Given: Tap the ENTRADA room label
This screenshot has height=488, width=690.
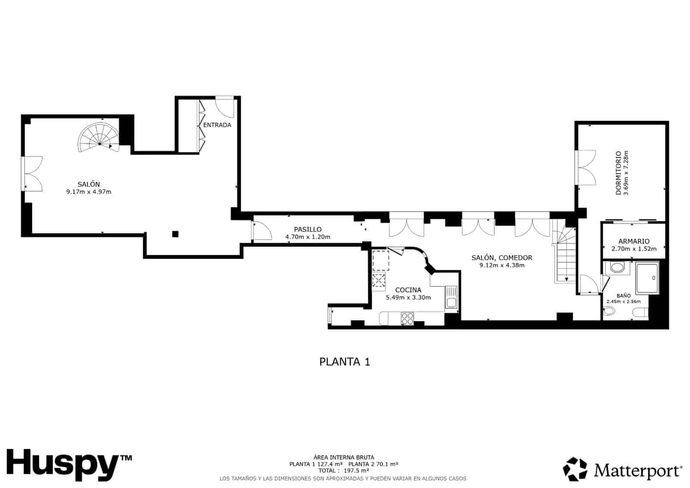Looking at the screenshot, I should point(217,125).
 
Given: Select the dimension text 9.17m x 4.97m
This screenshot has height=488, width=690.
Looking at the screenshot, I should point(89,192).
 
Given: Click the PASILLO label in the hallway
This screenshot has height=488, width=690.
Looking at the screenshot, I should point(307,229).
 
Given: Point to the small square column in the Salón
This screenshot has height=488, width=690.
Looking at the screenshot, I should point(175,234).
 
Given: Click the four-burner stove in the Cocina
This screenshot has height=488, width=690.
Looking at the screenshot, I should point(407,318).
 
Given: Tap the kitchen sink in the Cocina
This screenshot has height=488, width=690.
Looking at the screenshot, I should point(451,298).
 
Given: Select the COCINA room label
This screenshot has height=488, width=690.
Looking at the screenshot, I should point(408,290).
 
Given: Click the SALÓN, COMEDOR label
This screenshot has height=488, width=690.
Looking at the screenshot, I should point(502,258).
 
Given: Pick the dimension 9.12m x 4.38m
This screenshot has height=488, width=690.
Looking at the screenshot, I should point(502,265).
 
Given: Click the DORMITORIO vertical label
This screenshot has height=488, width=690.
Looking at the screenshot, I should point(618,173).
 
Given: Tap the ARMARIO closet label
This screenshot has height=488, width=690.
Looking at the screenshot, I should point(634,241).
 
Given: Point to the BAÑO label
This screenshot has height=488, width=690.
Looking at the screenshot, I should point(623,296).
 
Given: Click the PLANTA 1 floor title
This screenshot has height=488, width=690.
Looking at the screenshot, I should point(345,361).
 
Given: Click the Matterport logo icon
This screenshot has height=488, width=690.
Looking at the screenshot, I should point(575,469).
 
